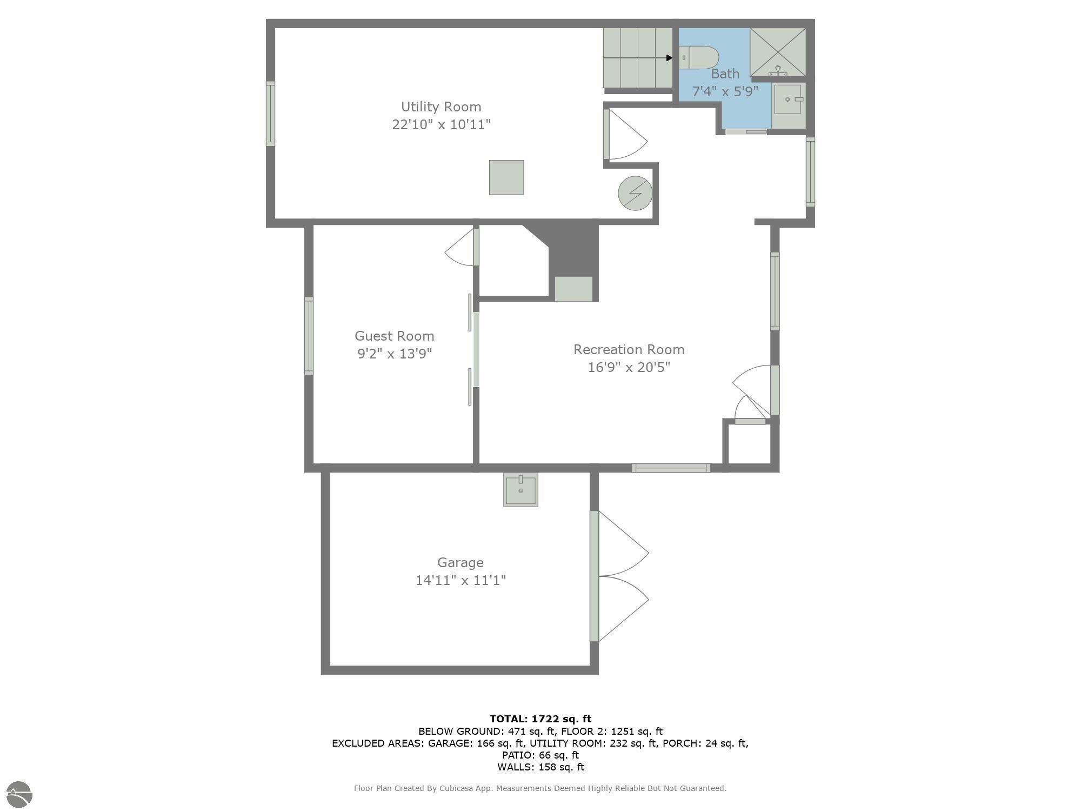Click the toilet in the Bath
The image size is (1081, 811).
[698, 58]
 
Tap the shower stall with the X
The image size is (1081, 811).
[778, 52]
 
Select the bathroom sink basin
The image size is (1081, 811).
[788, 99]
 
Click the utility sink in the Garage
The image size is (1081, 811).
[521, 489]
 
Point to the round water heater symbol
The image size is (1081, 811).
[635, 193]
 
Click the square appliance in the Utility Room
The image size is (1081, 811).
[506, 177]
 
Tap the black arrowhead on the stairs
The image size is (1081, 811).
[670, 58]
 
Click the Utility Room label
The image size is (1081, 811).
[441, 107]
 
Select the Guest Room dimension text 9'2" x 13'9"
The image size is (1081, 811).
[395, 354]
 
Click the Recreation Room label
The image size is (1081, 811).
[629, 349]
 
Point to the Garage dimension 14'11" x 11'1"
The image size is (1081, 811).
[461, 580]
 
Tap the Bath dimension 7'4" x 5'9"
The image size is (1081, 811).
[725, 91]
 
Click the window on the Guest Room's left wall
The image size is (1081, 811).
[309, 336]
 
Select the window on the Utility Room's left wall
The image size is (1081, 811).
[270, 114]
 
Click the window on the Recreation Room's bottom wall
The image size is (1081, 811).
[671, 468]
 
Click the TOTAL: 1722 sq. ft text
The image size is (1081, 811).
[540, 719]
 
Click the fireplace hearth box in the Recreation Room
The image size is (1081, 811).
[573, 289]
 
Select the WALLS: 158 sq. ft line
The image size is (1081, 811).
[540, 767]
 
